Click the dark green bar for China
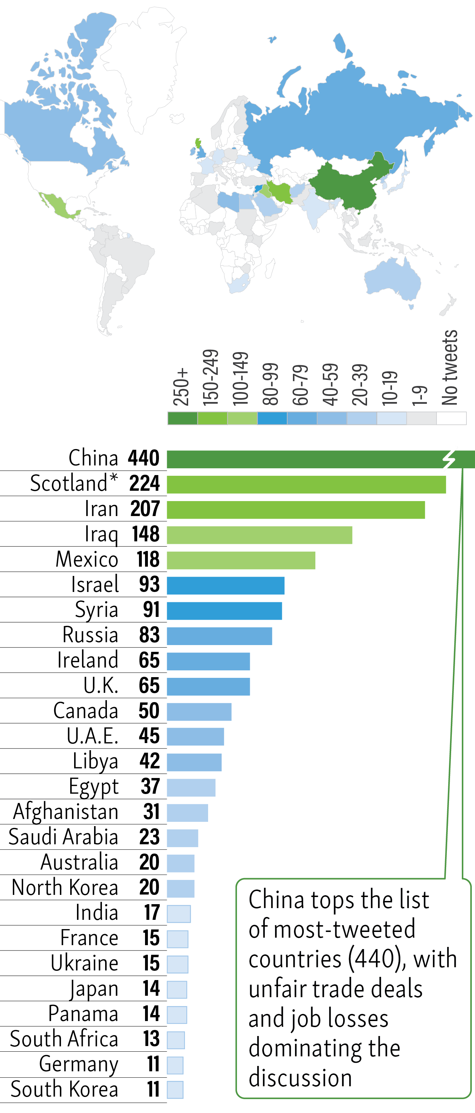pyautogui.click(x=302, y=459)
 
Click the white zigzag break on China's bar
pyautogui.click(x=449, y=459)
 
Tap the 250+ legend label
pyautogui.click(x=181, y=387)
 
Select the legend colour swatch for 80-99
pyautogui.click(x=272, y=418)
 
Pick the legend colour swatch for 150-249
pyautogui.click(x=212, y=418)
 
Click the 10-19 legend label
pyautogui.click(x=390, y=388)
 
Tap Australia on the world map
pyautogui.click(x=393, y=281)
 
